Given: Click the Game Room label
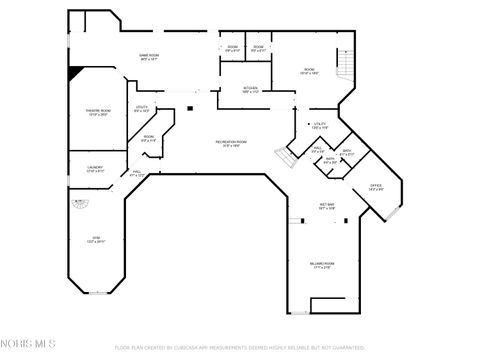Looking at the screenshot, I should (148, 58).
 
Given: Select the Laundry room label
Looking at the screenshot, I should (95, 169).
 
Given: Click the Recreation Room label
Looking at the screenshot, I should (228, 143).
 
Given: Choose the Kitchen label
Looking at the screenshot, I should (250, 89).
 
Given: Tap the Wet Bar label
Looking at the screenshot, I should (326, 207).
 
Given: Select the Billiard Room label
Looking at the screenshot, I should (322, 265).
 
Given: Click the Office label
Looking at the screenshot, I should (376, 187).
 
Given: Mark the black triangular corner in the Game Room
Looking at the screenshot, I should (75, 74).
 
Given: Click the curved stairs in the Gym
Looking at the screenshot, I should (78, 204).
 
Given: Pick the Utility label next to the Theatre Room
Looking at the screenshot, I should (142, 108).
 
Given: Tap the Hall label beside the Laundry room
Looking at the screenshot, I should (137, 174).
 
